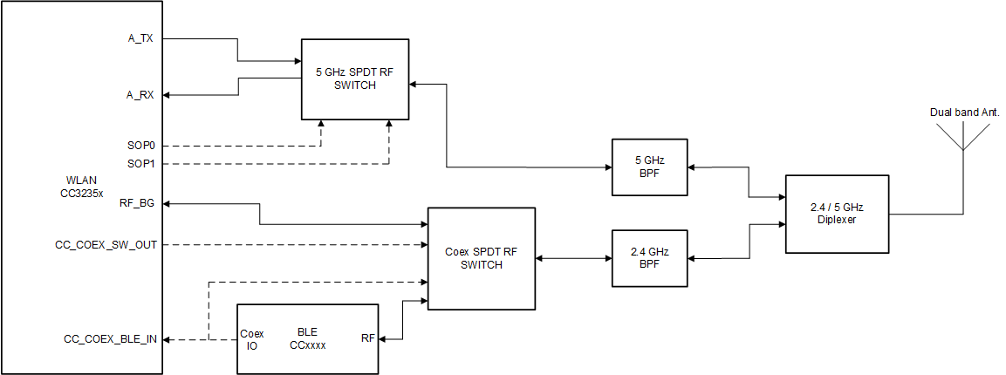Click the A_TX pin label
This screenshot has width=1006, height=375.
(x=140, y=38)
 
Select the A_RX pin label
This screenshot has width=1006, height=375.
(x=140, y=95)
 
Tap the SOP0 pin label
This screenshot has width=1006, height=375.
(x=140, y=145)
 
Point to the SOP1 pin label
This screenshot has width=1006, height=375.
(x=140, y=163)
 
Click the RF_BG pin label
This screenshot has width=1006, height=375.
(x=137, y=203)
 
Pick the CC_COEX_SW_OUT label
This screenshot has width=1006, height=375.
(x=106, y=245)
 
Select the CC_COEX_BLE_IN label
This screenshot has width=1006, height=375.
(x=111, y=339)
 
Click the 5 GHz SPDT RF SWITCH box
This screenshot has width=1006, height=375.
(x=355, y=79)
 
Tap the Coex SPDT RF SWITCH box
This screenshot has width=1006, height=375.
(x=481, y=258)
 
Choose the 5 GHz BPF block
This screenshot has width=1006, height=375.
(x=649, y=167)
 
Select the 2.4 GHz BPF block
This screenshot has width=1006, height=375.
(x=649, y=258)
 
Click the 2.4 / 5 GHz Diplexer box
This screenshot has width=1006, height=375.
(x=838, y=214)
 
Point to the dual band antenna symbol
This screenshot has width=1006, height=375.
(x=962, y=140)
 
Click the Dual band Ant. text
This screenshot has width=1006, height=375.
(x=964, y=112)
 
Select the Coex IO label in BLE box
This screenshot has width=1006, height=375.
(x=251, y=338)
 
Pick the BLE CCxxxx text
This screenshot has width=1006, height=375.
(x=307, y=338)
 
